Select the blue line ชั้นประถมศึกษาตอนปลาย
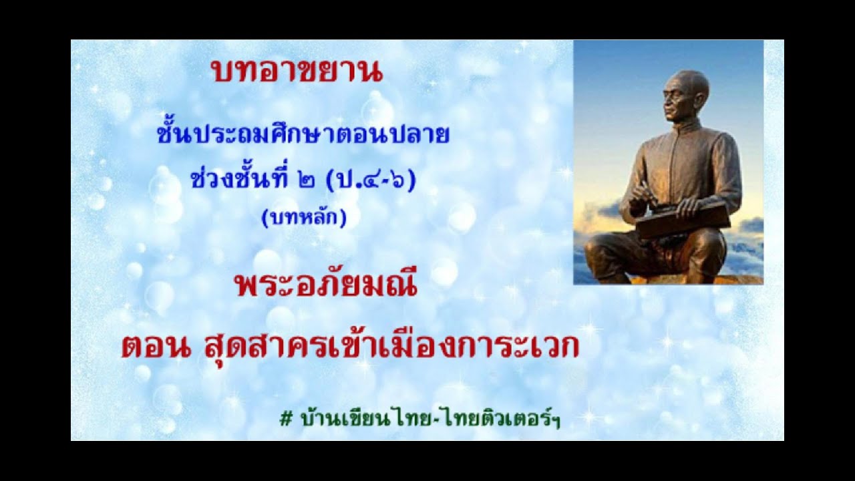[x=303, y=136]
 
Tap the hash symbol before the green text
[x=287, y=419]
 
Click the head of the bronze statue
[x=685, y=94]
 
